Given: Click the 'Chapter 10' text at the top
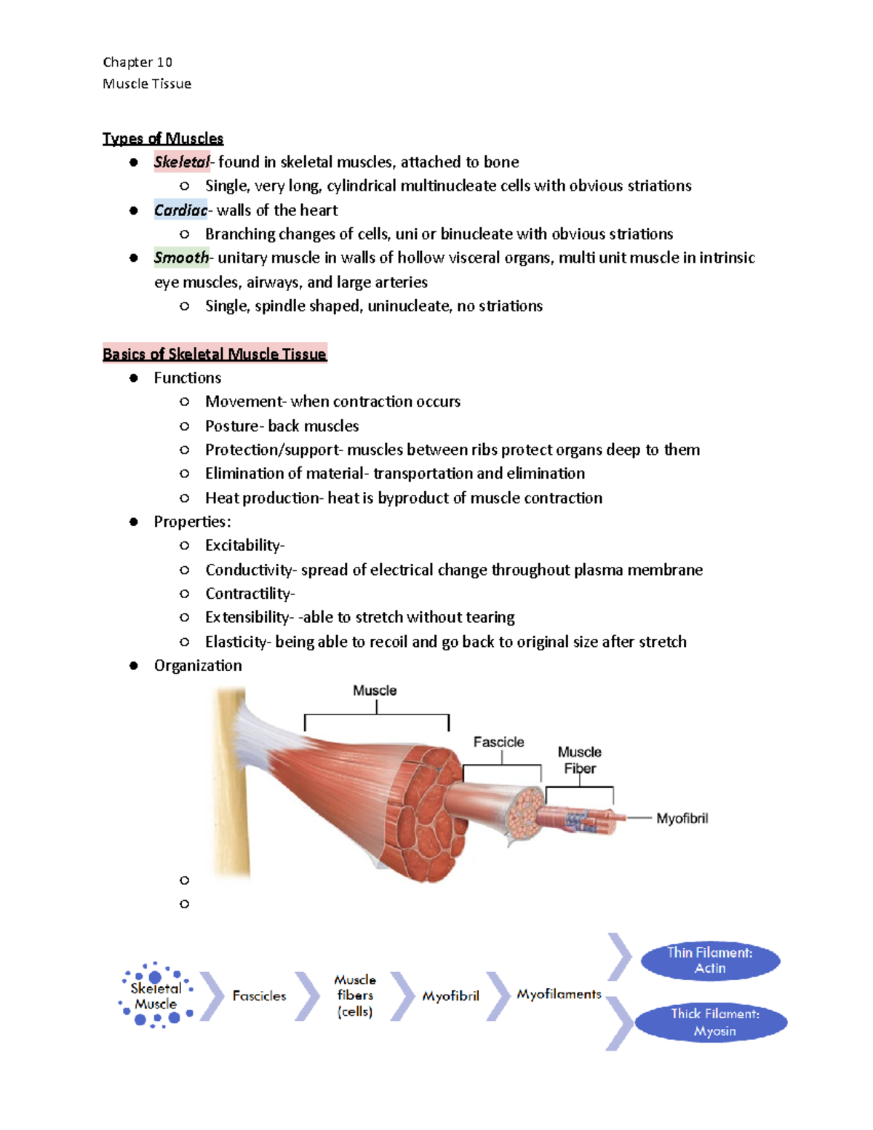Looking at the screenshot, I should (137, 62).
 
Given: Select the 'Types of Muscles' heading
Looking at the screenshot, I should (163, 138).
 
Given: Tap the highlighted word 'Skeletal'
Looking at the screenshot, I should (181, 162).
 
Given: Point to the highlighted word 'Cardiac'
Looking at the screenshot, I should (180, 210).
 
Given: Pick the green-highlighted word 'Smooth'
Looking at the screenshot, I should (181, 258).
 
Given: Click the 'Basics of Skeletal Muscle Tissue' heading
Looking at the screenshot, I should (215, 354).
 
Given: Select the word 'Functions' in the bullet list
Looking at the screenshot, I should (188, 378).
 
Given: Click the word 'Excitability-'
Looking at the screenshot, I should (245, 545).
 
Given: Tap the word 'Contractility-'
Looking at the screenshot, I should (250, 593).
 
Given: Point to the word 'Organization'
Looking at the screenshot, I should (198, 665).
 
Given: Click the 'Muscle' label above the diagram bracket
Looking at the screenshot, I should (375, 691).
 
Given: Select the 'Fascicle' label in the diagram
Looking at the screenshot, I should (499, 742).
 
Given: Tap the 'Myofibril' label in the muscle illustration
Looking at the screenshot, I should (682, 819).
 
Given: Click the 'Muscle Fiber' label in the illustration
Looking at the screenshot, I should (580, 760).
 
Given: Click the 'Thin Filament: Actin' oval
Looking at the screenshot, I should (710, 960).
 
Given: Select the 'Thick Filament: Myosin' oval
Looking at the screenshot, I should (712, 1022).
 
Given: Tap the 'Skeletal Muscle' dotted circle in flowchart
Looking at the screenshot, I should (156, 995).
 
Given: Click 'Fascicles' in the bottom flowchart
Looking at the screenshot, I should (259, 995).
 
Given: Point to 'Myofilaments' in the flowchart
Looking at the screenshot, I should (559, 994).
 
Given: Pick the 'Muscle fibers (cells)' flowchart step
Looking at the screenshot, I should (355, 995).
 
